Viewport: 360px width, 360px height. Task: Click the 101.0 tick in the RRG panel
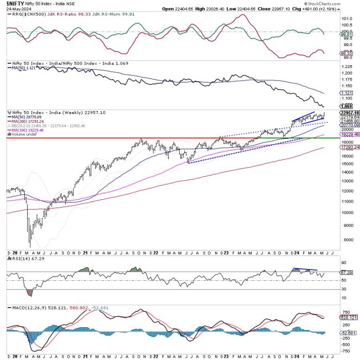347,19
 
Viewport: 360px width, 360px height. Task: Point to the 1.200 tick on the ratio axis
347,73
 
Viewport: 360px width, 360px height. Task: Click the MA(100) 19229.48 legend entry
27,130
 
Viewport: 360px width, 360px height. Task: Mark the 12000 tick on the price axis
347,191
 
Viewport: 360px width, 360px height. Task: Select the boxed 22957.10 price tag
349,113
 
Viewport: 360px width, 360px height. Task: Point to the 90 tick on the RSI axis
345,262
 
